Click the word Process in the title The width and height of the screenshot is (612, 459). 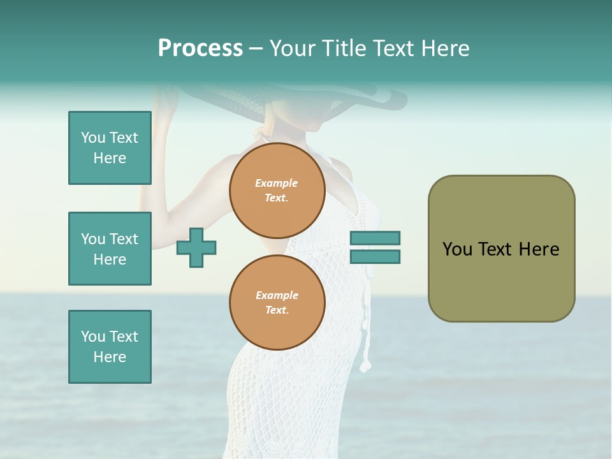click(200, 48)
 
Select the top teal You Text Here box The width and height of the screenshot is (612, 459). click(110, 148)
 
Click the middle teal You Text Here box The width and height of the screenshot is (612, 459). click(110, 249)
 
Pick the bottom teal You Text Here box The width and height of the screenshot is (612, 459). click(110, 347)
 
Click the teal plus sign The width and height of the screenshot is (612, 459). click(196, 247)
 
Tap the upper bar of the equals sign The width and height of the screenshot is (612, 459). click(375, 238)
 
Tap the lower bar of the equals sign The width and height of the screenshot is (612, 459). click(375, 257)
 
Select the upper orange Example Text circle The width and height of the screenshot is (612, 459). click(277, 190)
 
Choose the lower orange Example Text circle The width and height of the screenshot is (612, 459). click(277, 302)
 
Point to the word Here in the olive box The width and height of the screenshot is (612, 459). click(539, 249)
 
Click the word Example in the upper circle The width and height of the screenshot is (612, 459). click(277, 183)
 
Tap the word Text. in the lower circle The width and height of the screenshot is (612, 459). click(277, 310)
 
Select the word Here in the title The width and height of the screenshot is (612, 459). click(444, 48)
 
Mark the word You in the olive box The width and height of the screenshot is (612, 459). click(456, 249)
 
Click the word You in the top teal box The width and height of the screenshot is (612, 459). click(93, 138)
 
